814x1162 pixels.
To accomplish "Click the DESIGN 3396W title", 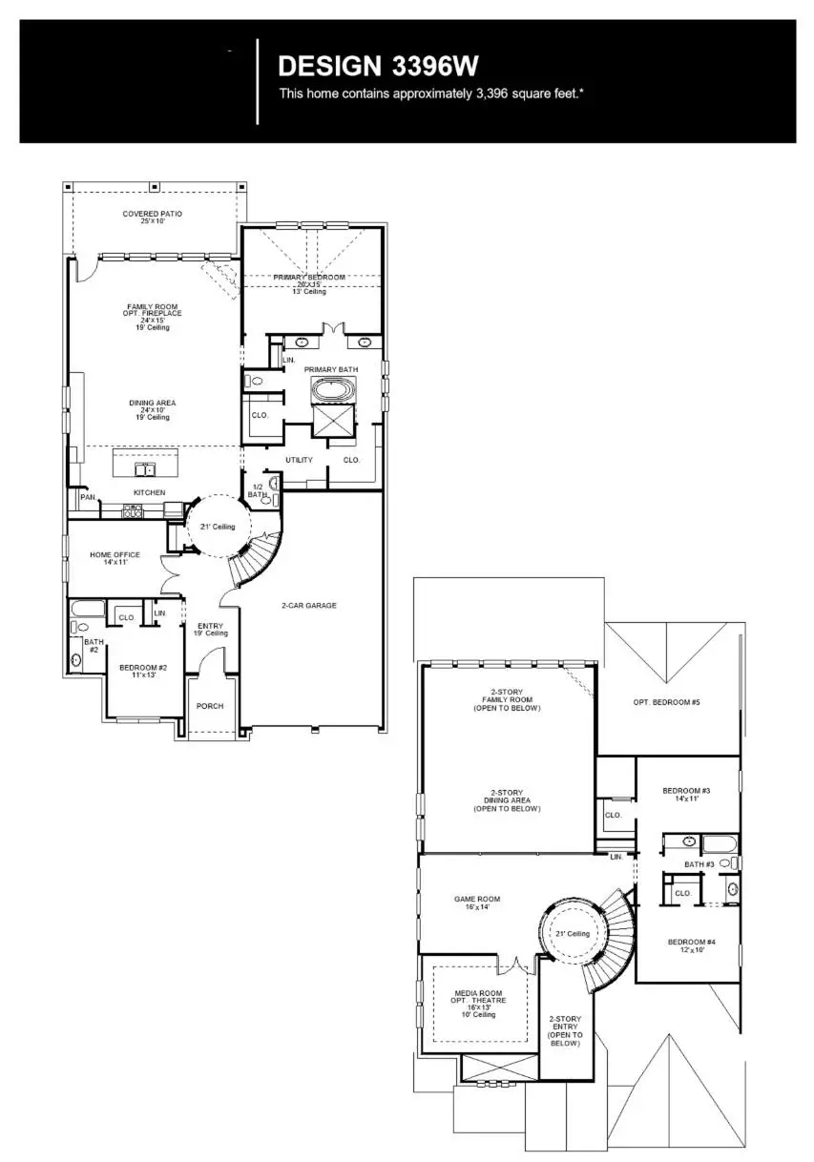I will pos(378,66).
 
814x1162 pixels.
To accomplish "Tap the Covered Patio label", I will pos(152,218).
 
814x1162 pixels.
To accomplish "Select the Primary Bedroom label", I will pos(309,278).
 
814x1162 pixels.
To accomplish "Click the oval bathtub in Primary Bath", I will pos(332,390).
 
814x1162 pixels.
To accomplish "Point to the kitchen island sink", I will pos(145,469).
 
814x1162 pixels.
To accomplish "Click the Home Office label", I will pos(115,558).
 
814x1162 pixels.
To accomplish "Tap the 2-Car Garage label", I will pos(308,606).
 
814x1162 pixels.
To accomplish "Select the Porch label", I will pos(209,707).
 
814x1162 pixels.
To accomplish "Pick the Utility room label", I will pos(299,460).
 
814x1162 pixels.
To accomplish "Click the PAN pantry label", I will pos(87,497).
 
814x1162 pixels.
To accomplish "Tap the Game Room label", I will pos(476,903).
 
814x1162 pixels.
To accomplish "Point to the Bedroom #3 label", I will pos(686,794).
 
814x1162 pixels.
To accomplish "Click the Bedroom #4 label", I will pos(691,945).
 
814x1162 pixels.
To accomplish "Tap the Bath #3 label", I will pos(699,864).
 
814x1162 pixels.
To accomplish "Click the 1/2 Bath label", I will pos(258,490).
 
